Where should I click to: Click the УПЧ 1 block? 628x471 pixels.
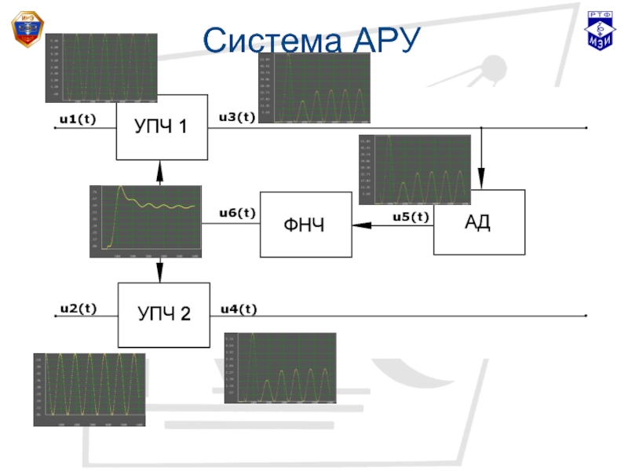[162, 125]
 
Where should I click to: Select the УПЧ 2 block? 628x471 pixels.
[164, 314]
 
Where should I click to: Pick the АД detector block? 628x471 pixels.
[479, 222]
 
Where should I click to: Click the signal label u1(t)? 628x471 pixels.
[77, 119]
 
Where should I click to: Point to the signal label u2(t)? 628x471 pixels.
[78, 309]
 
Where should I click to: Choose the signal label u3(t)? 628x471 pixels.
[236, 117]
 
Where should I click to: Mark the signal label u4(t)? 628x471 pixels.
[239, 309]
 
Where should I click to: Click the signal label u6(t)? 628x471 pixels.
[237, 213]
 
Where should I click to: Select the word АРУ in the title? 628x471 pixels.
[382, 39]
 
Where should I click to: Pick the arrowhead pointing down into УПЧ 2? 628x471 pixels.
[159, 275]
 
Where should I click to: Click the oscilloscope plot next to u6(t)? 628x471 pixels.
[145, 221]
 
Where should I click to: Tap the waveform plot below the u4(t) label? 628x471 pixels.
[279, 368]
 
